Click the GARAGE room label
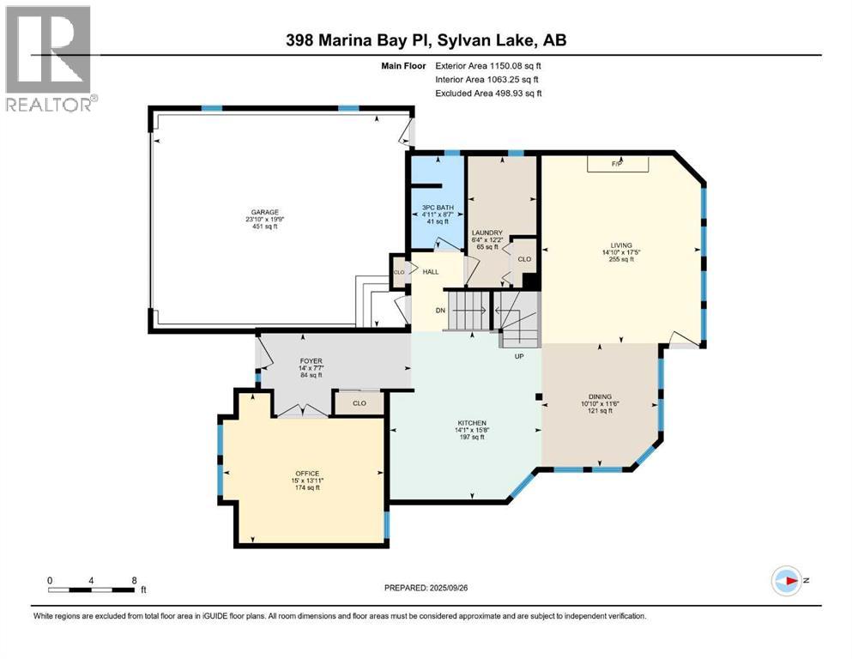click(263, 212)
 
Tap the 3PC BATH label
click(437, 207)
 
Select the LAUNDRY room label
click(486, 233)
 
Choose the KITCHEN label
click(472, 423)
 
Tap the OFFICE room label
click(307, 474)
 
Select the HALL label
click(431, 272)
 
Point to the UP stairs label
click(519, 355)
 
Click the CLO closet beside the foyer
click(360, 402)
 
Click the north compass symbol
click(789, 581)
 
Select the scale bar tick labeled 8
click(134, 581)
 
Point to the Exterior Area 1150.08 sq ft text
click(488, 65)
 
